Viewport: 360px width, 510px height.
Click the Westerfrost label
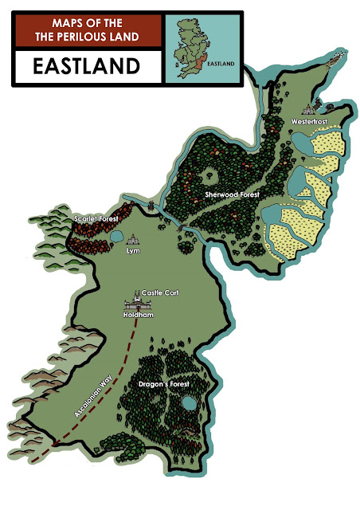(309, 122)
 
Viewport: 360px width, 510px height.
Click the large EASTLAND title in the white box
(83, 66)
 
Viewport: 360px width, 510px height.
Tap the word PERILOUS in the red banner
(105, 37)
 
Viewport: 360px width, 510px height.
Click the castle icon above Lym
(133, 239)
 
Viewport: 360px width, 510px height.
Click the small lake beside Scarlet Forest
(116, 237)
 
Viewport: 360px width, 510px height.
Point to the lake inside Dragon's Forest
(187, 405)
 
